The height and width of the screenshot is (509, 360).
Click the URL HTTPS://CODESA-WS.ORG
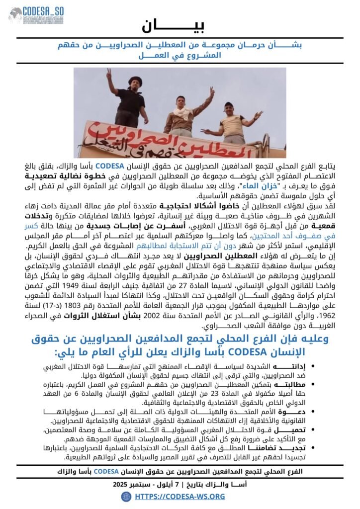pos(180,496)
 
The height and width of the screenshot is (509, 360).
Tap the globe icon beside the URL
pos(126,496)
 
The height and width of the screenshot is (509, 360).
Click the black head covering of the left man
pos(121,81)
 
